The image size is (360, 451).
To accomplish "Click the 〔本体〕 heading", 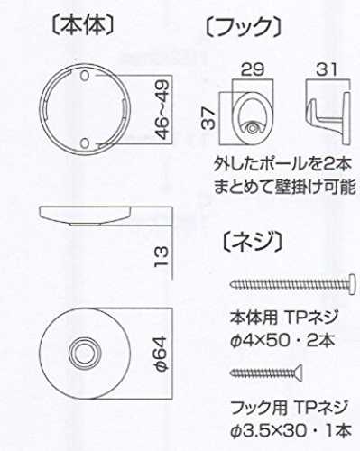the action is tap(83, 25).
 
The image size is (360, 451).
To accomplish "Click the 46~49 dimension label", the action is tap(162, 109).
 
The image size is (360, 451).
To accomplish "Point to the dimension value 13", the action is tap(162, 256).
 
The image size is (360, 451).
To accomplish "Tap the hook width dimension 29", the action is tap(253, 69).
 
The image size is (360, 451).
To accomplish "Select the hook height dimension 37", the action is tap(208, 118).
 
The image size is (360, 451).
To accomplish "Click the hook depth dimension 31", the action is tap(327, 70).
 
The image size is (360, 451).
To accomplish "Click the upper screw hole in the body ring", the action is tap(86, 76).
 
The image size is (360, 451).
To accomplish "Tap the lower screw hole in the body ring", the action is tap(86, 143).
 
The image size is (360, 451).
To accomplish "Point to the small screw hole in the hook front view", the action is tap(253, 128).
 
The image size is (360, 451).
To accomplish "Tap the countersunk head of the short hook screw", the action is tap(299, 373).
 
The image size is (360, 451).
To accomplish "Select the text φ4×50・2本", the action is tap(282, 341).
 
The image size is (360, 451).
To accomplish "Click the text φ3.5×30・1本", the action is tap(291, 431).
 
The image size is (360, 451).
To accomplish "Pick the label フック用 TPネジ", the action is tap(289, 408).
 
